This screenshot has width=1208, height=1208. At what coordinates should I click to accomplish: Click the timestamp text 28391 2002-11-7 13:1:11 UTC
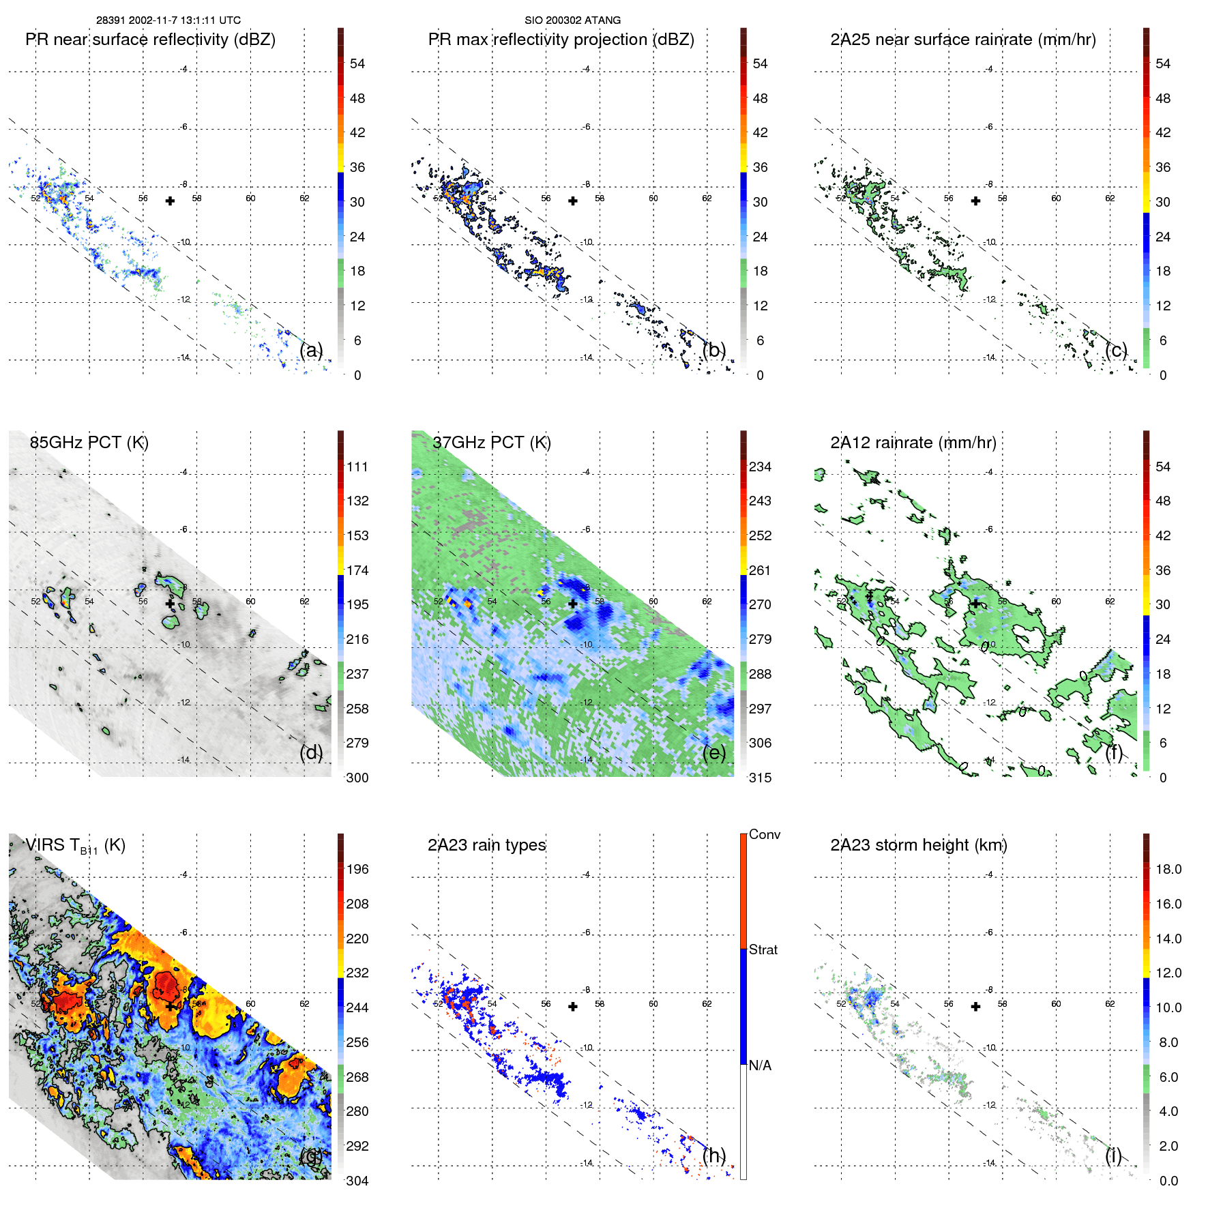coord(168,20)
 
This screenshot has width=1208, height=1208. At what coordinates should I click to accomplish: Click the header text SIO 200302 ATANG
coord(572,20)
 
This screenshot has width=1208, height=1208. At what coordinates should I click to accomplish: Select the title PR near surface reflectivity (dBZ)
coord(150,40)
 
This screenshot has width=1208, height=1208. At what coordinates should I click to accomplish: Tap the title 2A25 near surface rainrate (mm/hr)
coord(962,40)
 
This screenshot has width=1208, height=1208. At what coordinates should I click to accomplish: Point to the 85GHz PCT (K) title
coord(89,443)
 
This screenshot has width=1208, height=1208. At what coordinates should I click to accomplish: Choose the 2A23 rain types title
coord(486,845)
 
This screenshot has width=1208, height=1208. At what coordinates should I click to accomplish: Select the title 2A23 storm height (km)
coord(918,845)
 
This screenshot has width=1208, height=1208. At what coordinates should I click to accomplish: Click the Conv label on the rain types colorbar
coord(764,834)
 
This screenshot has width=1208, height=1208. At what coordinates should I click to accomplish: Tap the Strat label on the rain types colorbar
coord(763,949)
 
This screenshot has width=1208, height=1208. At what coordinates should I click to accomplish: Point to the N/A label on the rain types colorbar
coord(760,1065)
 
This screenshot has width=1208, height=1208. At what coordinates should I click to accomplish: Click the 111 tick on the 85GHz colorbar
coord(357,467)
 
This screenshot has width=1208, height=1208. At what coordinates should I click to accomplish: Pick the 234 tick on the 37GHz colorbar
coord(760,467)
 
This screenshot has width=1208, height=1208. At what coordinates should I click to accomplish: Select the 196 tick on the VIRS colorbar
coord(357,870)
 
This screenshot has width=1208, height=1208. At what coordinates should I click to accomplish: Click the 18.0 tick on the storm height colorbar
coord(1168,870)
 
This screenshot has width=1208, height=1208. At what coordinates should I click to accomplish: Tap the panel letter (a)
coord(311,351)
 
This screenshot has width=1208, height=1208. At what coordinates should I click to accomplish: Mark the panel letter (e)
coord(714,753)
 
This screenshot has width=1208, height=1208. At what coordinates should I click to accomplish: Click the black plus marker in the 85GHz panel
coord(170,604)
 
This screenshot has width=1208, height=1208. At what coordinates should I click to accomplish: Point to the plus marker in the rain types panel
coord(573,1006)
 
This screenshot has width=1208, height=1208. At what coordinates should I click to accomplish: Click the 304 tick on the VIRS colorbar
coord(357,1181)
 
